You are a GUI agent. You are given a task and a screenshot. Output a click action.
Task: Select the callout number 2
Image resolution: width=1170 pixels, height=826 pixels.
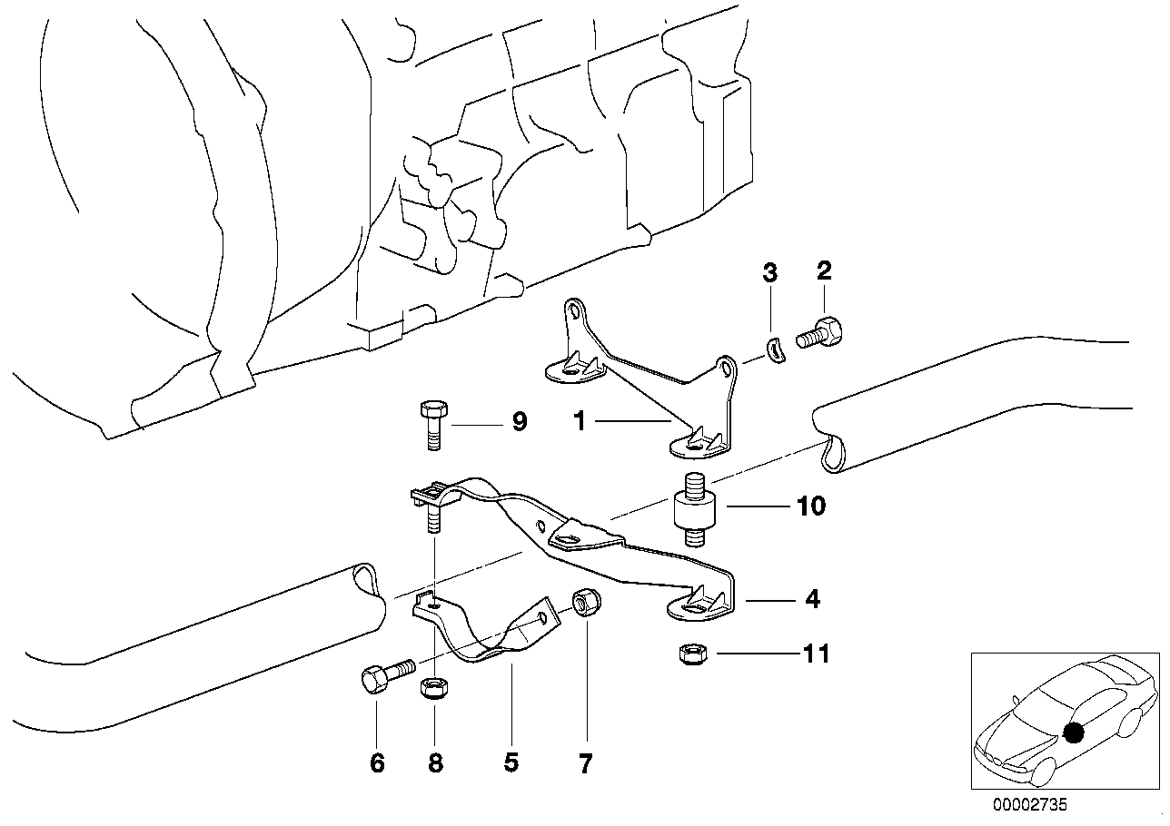tap(824, 270)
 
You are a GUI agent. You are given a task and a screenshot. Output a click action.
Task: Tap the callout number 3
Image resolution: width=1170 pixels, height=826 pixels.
tap(769, 272)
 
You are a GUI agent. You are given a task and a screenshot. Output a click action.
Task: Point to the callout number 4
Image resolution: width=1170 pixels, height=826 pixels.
tap(812, 599)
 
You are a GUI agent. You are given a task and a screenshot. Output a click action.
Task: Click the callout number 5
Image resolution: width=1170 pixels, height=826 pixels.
tap(511, 763)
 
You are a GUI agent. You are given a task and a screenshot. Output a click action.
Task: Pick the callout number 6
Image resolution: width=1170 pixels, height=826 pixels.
tap(377, 763)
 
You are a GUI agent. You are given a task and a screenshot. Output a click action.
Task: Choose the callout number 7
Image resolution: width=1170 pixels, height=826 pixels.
tap(585, 763)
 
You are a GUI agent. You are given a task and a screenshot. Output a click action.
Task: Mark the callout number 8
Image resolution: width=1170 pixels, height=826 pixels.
tap(435, 763)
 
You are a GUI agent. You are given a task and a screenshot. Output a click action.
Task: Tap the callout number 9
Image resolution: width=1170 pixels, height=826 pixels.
tap(519, 422)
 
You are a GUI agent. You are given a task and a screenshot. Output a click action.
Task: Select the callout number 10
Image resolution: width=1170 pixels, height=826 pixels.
tap(810, 506)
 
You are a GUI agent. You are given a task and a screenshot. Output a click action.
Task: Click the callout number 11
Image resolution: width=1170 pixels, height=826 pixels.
tap(816, 654)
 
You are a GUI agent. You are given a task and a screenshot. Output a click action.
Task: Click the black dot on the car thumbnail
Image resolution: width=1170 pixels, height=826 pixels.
tap(1074, 733)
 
